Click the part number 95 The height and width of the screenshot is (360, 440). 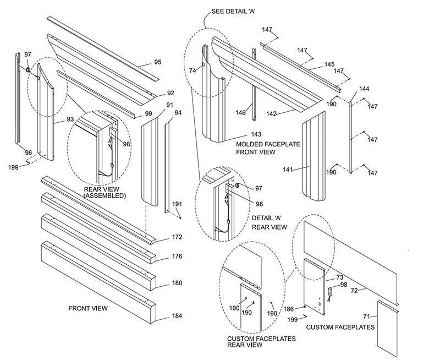pos(157,62)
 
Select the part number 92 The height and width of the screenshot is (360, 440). pos(170,93)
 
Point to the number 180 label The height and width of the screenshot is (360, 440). pos(161,283)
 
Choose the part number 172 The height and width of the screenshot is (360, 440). pos(161,237)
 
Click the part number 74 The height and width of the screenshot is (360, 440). pos(193,70)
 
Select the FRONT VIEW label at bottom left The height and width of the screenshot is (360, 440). pos(87,308)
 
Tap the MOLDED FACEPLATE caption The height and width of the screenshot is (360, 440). pos(261,144)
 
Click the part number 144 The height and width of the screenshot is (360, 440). pos(364,89)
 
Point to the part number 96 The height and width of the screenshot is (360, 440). pos(28,152)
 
